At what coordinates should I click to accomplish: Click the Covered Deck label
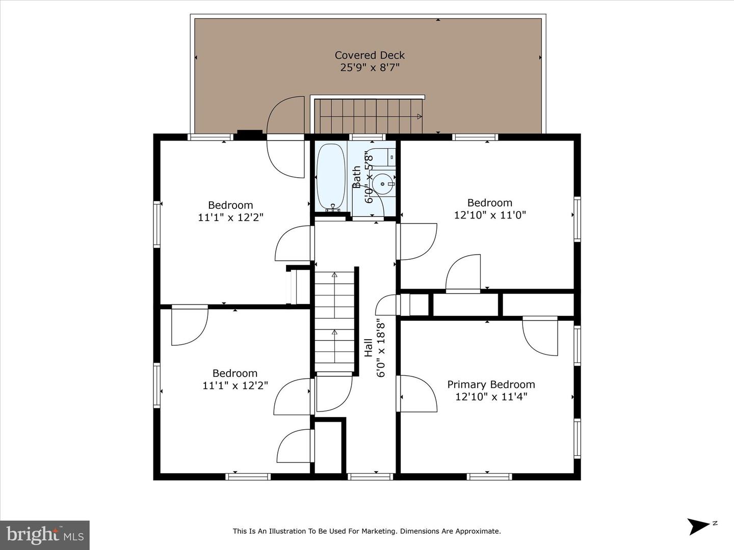pos(370,55)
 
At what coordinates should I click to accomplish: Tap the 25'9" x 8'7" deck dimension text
pos(370,67)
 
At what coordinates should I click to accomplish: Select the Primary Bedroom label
pos(491,384)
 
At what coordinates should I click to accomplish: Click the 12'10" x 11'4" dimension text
pos(491,397)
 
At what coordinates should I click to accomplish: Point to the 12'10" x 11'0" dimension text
pos(490,215)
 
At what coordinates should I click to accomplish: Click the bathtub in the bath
pos(331,177)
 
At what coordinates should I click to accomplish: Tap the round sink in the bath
pos(382,183)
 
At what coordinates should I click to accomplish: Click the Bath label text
pos(357,177)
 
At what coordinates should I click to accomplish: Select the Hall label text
pos(368,348)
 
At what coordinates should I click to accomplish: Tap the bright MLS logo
pos(44,535)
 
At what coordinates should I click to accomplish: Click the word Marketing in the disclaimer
pos(374,531)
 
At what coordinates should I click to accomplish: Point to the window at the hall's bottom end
pos(370,477)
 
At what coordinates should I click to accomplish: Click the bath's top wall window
pos(367,137)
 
